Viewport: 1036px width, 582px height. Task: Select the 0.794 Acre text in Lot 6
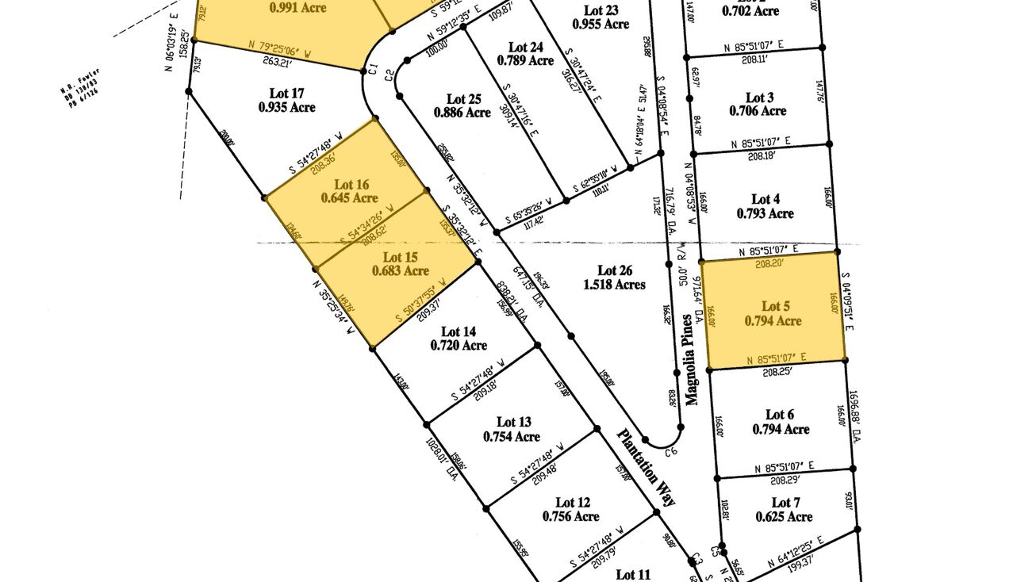point(781,429)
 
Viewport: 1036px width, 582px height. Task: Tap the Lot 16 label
point(353,184)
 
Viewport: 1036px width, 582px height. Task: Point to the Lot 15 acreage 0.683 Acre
point(401,270)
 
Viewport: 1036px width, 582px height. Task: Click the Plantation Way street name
point(648,467)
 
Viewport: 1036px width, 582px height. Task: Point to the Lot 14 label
point(459,331)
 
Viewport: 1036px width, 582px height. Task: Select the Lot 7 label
point(781,503)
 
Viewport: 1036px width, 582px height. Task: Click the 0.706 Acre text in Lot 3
point(758,111)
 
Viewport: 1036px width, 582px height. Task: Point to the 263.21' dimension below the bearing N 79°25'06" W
point(278,59)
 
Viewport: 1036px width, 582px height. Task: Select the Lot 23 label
point(600,10)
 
